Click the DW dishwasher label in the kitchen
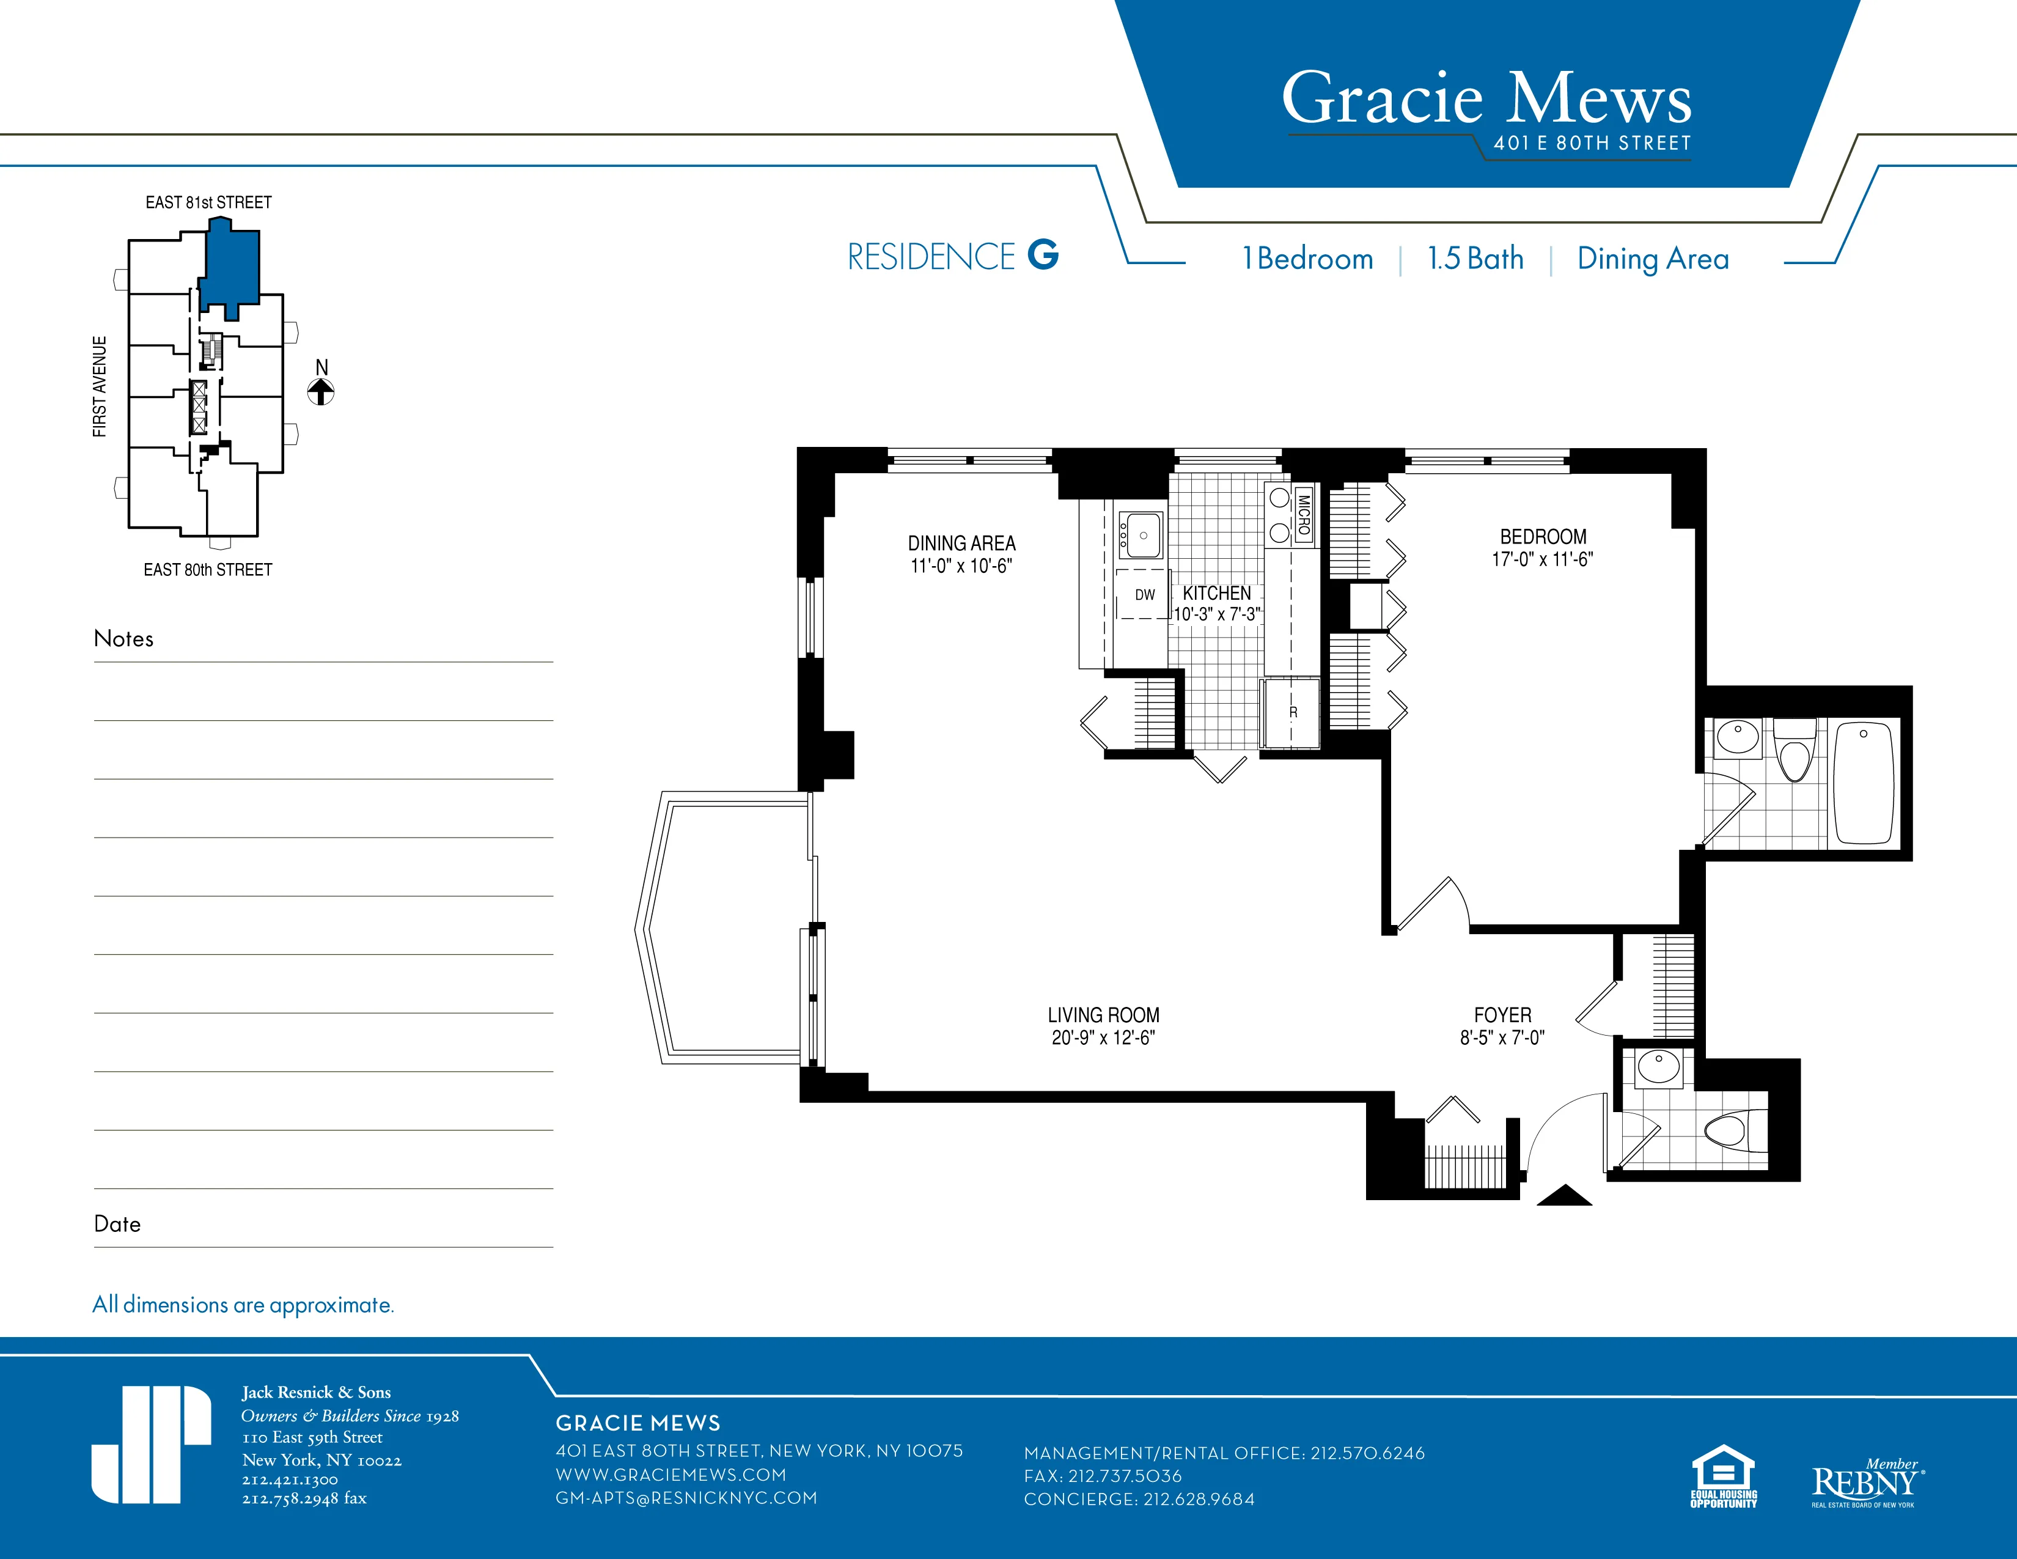coord(1144,595)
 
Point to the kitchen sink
coord(1140,536)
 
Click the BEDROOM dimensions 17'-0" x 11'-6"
coord(1542,559)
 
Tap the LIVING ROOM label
coord(1103,1014)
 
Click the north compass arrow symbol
coord(320,392)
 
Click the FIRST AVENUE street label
coord(100,386)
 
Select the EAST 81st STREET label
coord(208,202)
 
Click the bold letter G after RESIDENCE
coord(1043,255)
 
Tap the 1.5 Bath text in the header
coord(1475,259)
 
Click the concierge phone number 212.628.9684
coord(1199,1499)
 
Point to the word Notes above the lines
coord(123,638)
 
